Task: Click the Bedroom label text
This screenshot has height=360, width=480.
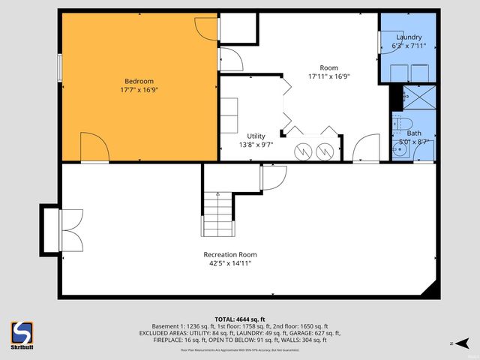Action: coord(139,81)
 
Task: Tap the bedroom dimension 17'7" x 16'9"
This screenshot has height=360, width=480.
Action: coord(139,90)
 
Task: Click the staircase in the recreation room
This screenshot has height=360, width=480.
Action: coord(217,213)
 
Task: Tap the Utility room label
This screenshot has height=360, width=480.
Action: coord(256,136)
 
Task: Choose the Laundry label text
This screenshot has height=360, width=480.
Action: coord(409,37)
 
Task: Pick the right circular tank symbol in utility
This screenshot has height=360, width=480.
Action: coord(325,150)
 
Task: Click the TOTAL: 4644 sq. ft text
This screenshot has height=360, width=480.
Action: coord(239,318)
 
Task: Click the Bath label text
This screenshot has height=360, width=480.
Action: coord(414,133)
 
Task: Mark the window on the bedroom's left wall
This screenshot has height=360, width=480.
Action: coord(59,66)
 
